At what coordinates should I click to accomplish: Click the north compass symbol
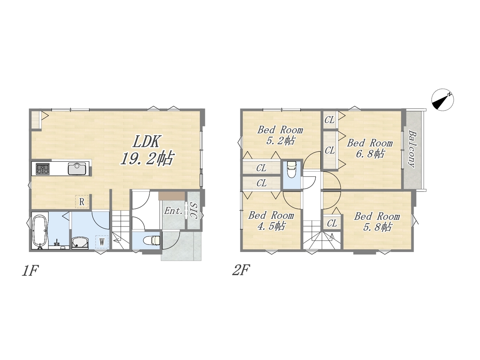coord(442,100)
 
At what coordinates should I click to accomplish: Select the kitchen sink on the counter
coord(77,168)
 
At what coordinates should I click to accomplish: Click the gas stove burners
coord(43,169)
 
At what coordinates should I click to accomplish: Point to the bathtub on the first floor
coord(40,232)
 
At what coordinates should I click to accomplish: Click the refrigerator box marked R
coord(82,201)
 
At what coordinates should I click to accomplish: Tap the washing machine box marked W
coord(102,242)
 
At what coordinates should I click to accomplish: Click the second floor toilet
coord(291,169)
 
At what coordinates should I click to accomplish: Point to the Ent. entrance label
coord(173,211)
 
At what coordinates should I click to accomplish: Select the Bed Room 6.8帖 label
coord(370,148)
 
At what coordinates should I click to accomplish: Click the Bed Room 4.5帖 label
coord(271,221)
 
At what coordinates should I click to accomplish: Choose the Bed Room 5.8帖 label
coord(377,222)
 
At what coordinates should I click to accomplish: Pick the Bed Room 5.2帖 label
coord(280,135)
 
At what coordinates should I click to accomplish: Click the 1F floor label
coord(30,271)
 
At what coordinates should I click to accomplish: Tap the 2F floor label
coord(241,270)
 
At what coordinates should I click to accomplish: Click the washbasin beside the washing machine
coord(80,243)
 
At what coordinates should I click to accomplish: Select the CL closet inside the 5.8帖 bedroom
coord(332,223)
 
